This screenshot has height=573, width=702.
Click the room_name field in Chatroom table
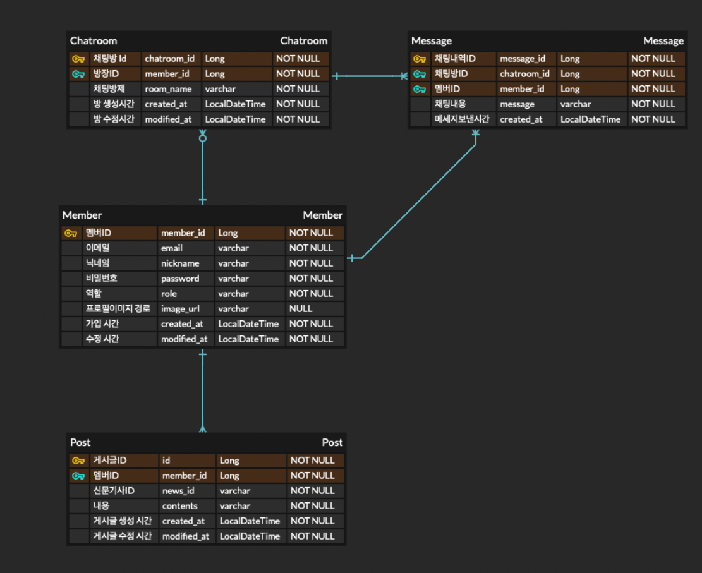click(168, 89)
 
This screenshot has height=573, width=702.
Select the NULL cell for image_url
click(301, 309)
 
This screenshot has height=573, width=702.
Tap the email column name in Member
click(172, 248)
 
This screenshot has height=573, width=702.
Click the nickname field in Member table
click(180, 263)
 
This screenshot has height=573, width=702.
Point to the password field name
click(180, 279)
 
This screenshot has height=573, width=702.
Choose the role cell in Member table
click(169, 294)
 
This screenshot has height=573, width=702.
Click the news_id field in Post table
click(178, 491)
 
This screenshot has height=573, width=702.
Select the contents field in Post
click(180, 506)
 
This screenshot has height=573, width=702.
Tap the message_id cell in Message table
click(523, 59)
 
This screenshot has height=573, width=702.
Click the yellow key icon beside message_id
click(420, 59)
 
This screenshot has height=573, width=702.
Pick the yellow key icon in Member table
click(71, 233)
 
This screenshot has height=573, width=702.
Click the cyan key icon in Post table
click(78, 476)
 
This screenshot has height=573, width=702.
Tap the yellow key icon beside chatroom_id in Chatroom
click(78, 59)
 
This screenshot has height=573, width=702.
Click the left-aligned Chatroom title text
click(94, 41)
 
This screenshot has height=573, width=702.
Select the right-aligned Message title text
click(663, 41)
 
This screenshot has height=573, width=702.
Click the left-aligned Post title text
click(80, 443)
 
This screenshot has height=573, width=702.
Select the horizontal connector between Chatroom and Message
click(369, 76)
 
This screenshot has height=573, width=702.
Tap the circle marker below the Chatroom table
click(203, 138)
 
